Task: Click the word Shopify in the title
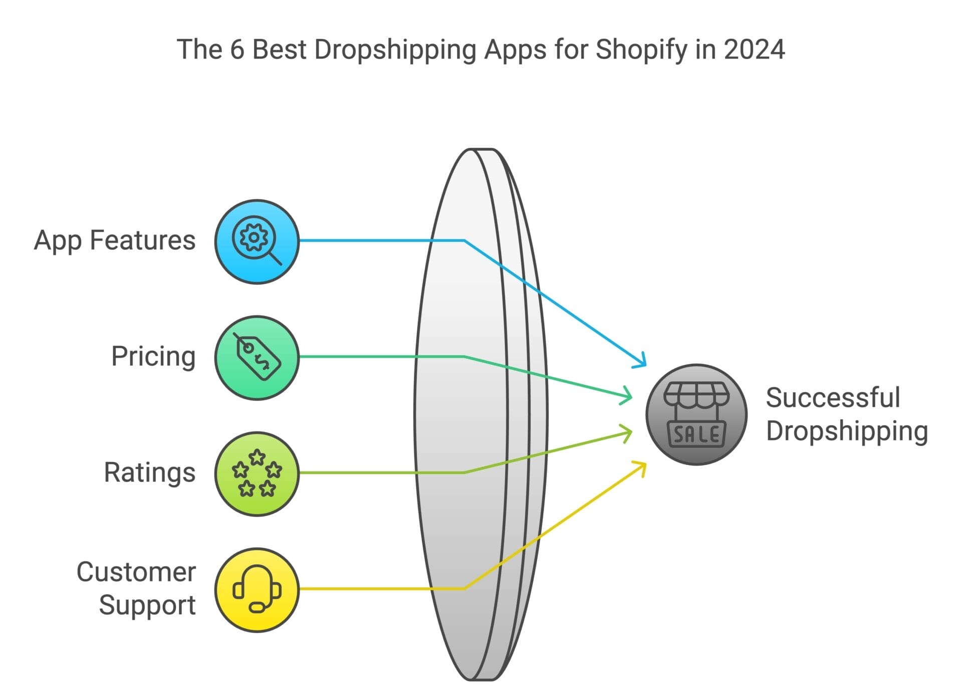pyautogui.click(x=641, y=50)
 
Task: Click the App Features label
pyautogui.click(x=115, y=240)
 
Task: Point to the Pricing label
pyautogui.click(x=153, y=356)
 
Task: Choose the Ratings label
pyautogui.click(x=149, y=473)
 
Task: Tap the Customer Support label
pyautogui.click(x=136, y=588)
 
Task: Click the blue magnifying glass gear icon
pyautogui.click(x=257, y=242)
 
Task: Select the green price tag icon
pyautogui.click(x=257, y=358)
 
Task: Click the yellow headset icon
pyautogui.click(x=257, y=590)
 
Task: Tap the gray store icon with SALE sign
pyautogui.click(x=696, y=415)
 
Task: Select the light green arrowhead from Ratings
pyautogui.click(x=627, y=432)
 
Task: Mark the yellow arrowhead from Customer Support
pyautogui.click(x=641, y=467)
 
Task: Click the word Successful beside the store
pyautogui.click(x=833, y=398)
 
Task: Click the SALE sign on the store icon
pyautogui.click(x=696, y=434)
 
